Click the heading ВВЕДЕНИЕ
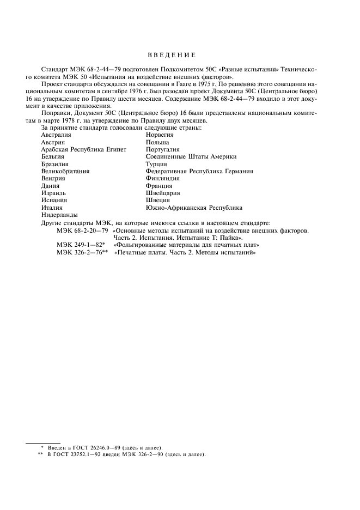pyautogui.click(x=172, y=55)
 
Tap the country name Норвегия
pyautogui.click(x=160, y=135)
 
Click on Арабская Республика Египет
pyautogui.click(x=83, y=149)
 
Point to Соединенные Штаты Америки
pyautogui.click(x=191, y=156)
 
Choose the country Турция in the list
pyautogui.click(x=156, y=164)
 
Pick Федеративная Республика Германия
pyautogui.click(x=199, y=171)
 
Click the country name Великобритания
pyautogui.click(x=65, y=171)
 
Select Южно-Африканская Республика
pyautogui.click(x=194, y=208)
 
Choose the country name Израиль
pyautogui.click(x=54, y=193)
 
